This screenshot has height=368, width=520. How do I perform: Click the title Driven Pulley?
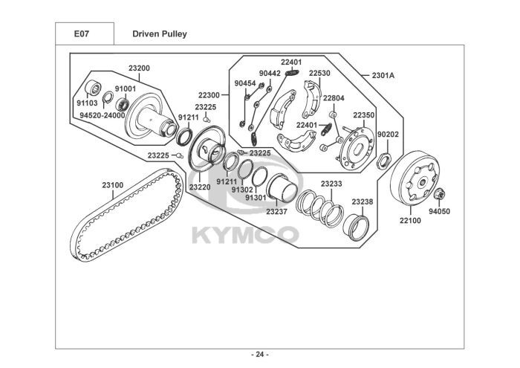(159, 34)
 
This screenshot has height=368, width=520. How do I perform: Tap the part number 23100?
(113, 185)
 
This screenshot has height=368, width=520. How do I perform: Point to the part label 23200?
(139, 68)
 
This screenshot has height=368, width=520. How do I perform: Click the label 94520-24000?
(102, 115)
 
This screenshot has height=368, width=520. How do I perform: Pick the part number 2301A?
(383, 76)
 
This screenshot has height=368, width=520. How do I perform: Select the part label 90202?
(388, 135)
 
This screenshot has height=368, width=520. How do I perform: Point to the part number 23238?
(363, 201)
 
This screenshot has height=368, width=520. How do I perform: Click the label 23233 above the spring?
(331, 184)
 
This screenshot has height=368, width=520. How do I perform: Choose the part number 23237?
(276, 212)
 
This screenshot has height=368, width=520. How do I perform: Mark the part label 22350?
(364, 115)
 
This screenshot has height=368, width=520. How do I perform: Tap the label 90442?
(270, 74)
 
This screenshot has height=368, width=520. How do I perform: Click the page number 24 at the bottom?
(260, 354)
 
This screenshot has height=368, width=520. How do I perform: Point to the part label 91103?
(87, 103)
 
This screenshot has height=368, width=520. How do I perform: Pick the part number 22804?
(334, 98)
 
